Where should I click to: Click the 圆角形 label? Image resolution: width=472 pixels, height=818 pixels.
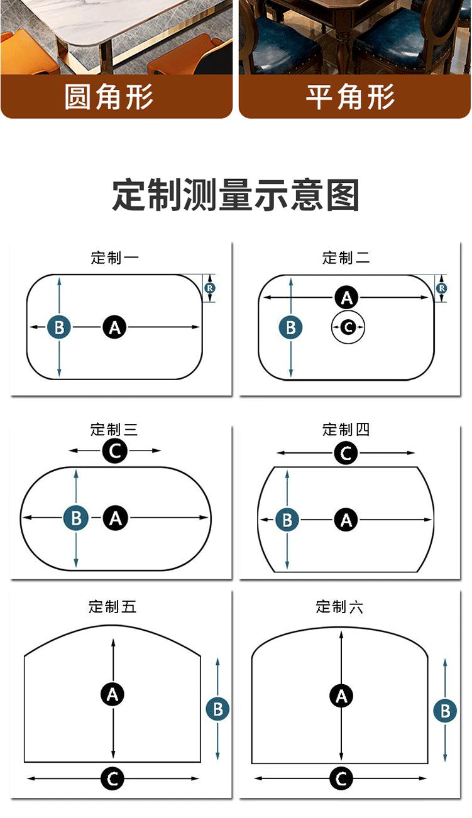point(109,97)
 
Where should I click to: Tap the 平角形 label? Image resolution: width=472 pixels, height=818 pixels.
point(350,97)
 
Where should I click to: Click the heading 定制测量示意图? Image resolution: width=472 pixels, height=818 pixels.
point(236,195)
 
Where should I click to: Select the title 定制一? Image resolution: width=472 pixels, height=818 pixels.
point(115,258)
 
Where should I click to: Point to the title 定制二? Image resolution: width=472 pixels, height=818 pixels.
point(346,258)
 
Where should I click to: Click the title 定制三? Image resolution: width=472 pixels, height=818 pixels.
point(114,430)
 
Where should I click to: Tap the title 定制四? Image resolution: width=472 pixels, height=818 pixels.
point(346,430)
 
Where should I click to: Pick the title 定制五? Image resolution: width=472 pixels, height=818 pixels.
point(112,606)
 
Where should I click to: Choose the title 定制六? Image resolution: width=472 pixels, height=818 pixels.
point(339,606)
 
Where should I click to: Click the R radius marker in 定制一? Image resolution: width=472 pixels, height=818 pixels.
point(210,288)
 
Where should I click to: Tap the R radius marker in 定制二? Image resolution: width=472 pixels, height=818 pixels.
point(442,288)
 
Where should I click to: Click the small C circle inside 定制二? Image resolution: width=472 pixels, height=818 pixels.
point(348,327)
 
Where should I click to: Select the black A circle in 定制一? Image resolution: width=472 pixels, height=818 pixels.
point(115,327)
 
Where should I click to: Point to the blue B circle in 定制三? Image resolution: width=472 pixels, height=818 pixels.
point(76,518)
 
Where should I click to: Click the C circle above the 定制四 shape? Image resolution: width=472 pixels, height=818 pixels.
point(346,453)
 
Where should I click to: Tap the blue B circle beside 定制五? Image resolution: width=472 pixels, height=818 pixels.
point(217,709)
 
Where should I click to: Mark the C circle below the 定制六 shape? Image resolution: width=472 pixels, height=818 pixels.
point(341,778)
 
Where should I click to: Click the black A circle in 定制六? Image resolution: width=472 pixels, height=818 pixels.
point(341,696)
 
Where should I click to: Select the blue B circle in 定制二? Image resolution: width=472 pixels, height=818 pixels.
point(291,327)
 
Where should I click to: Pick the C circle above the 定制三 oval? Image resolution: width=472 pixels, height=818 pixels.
point(115,451)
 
